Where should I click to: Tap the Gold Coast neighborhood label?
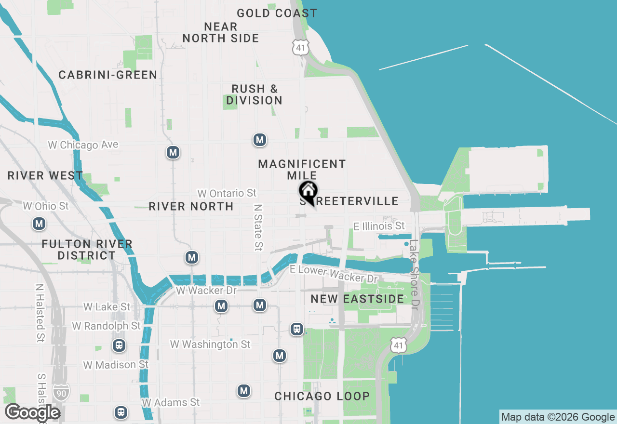tap(277, 13)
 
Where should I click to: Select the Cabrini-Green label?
tap(108, 75)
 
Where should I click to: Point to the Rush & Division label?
tap(254, 94)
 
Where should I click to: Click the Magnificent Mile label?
tap(302, 170)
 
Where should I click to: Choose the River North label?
tap(191, 206)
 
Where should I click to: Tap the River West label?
tap(45, 175)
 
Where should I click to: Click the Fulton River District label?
tap(87, 250)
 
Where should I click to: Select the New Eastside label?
tap(357, 299)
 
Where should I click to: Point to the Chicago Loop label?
tap(322, 396)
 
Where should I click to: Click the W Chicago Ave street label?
tap(83, 145)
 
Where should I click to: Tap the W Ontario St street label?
tap(227, 193)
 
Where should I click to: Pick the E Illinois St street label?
tap(379, 225)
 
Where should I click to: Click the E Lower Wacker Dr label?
tap(334, 274)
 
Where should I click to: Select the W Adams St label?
tap(171, 402)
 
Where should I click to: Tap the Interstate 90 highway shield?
tap(62, 391)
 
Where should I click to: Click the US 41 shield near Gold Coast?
tap(300, 47)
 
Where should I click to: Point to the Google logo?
tap(32, 412)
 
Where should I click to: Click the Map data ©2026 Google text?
tap(558, 417)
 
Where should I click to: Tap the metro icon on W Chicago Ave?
tap(173, 153)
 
